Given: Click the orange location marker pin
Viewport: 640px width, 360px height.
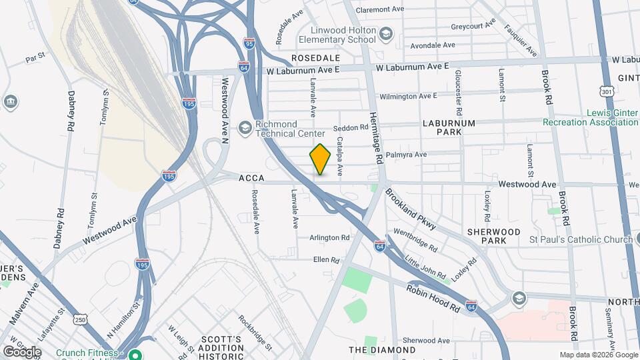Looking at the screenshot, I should point(321,159).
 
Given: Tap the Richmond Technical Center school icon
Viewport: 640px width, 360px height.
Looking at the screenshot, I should point(245,127).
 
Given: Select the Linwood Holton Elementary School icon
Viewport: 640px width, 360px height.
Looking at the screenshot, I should point(386,34).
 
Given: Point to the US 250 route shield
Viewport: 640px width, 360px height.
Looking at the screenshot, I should point(80,320).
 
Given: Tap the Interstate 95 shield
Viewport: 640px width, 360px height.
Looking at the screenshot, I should point(249,42).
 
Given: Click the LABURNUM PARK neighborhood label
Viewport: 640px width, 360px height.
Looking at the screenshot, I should point(449,128).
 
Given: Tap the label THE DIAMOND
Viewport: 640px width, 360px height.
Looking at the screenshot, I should point(382,349).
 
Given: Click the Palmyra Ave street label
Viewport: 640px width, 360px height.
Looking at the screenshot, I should point(411,155).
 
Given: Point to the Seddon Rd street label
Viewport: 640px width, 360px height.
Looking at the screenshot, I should point(351,127).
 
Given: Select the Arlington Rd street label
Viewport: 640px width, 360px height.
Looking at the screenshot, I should point(329,237).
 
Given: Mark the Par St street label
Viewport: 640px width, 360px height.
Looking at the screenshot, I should point(35,59).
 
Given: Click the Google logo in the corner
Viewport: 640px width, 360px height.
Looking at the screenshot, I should point(22,351).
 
